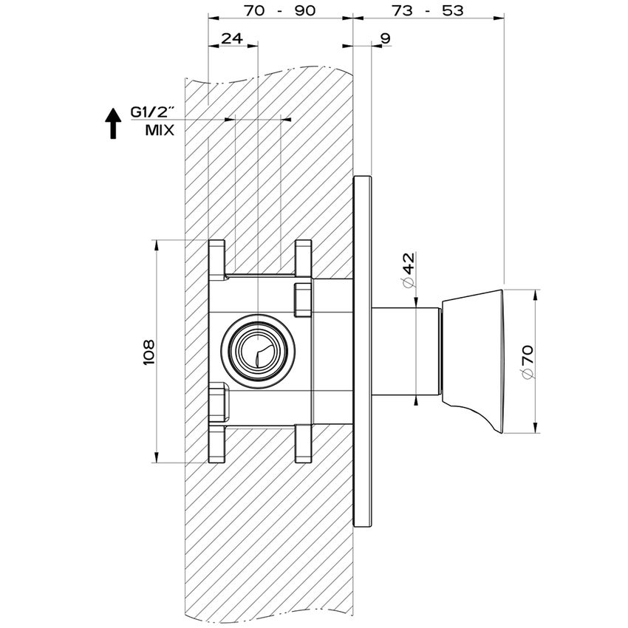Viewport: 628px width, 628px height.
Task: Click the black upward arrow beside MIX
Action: [112, 123]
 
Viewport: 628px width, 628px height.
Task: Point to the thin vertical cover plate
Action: [362, 351]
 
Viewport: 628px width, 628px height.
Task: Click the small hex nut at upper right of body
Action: [303, 297]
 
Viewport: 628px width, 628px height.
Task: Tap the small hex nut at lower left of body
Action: [219, 403]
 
